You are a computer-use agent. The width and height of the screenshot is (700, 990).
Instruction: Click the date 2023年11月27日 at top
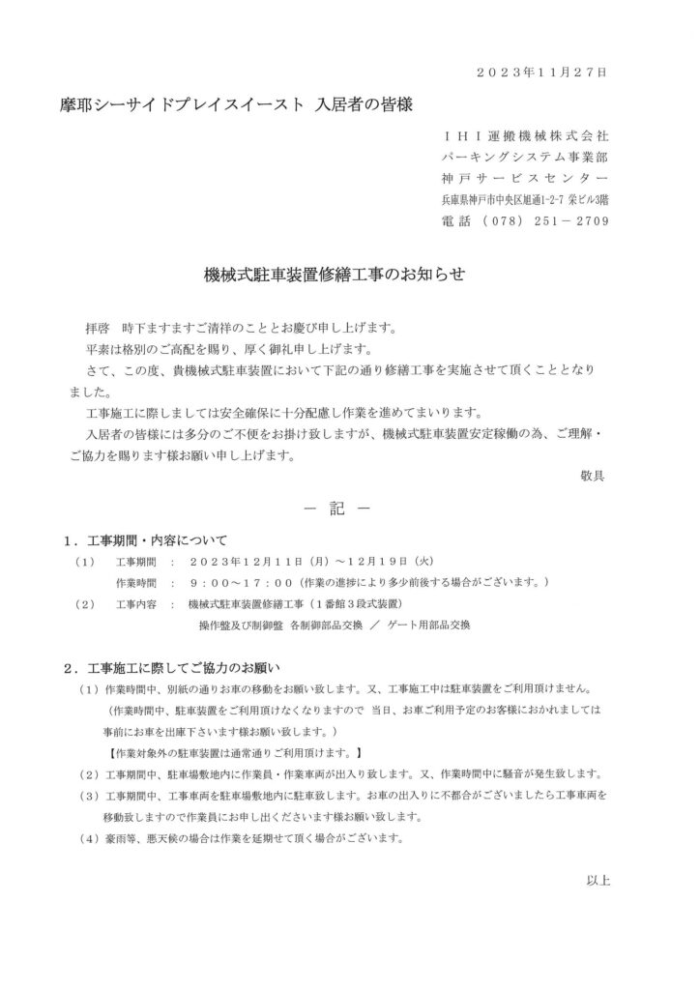point(543,72)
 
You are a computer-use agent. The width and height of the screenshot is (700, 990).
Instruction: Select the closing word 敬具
point(592,475)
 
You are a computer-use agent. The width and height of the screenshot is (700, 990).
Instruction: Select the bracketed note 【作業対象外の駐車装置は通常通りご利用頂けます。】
point(235,751)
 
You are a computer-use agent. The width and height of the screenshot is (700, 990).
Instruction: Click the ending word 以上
point(598,880)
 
